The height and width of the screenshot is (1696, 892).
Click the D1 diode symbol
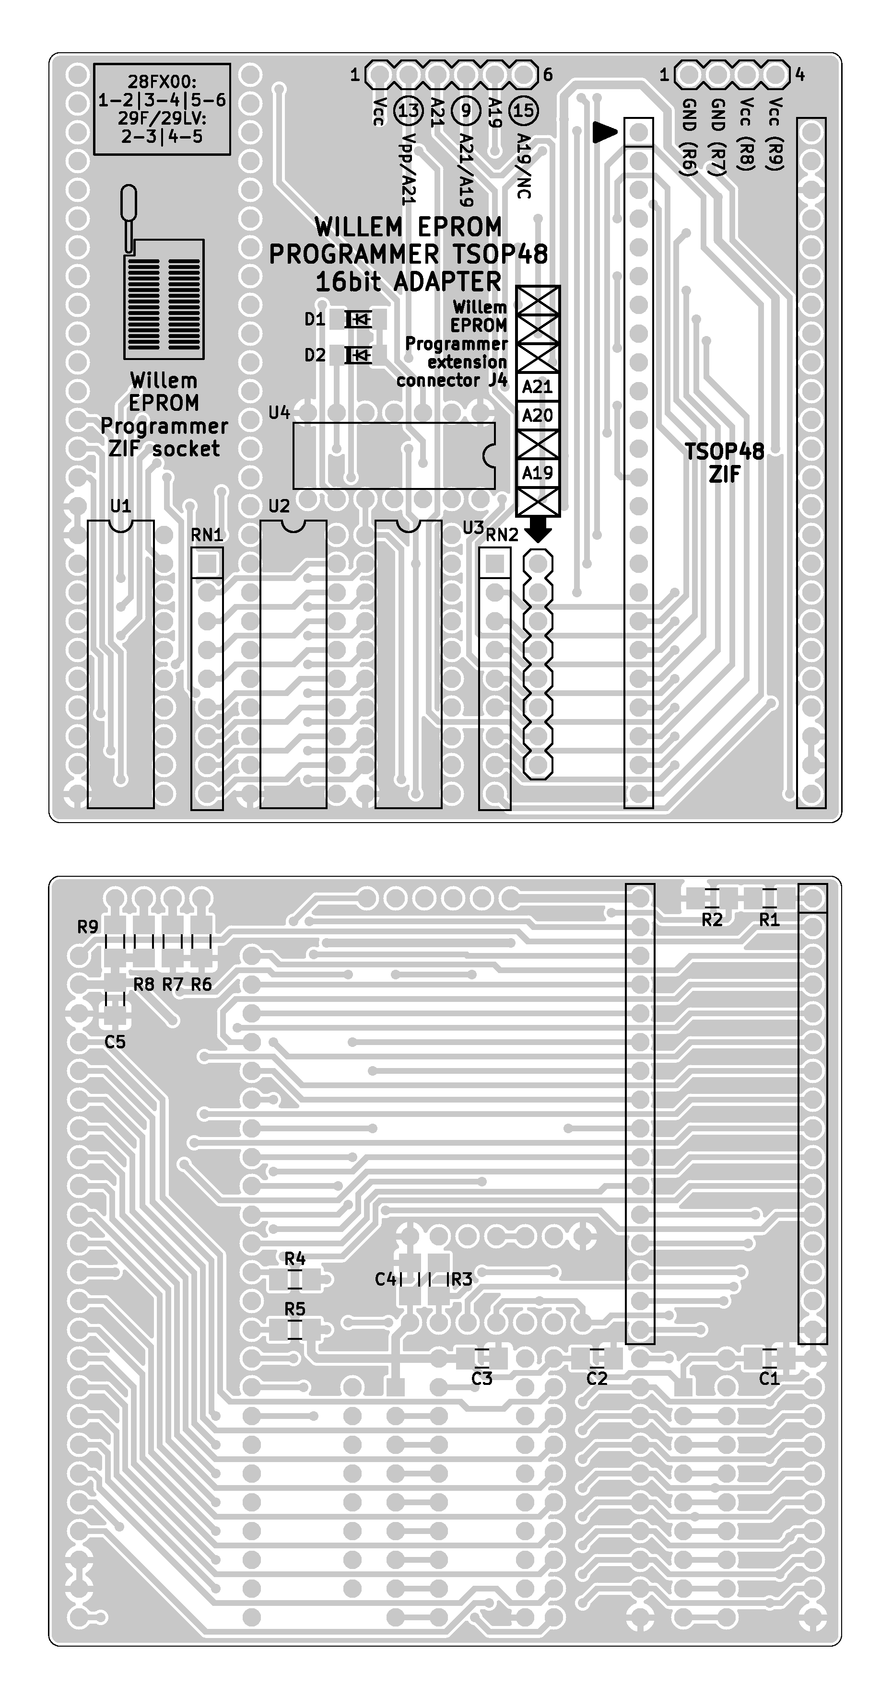coord(358,319)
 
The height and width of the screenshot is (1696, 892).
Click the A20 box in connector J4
coord(538,416)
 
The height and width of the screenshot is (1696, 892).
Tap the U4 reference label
coord(279,413)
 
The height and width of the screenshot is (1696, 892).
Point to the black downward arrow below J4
coord(539,529)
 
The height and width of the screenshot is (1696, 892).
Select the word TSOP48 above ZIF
coord(724,452)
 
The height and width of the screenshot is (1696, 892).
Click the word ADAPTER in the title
coord(447,282)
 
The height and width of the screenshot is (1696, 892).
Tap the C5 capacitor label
coord(115,1042)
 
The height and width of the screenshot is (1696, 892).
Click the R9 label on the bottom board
coord(88,927)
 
